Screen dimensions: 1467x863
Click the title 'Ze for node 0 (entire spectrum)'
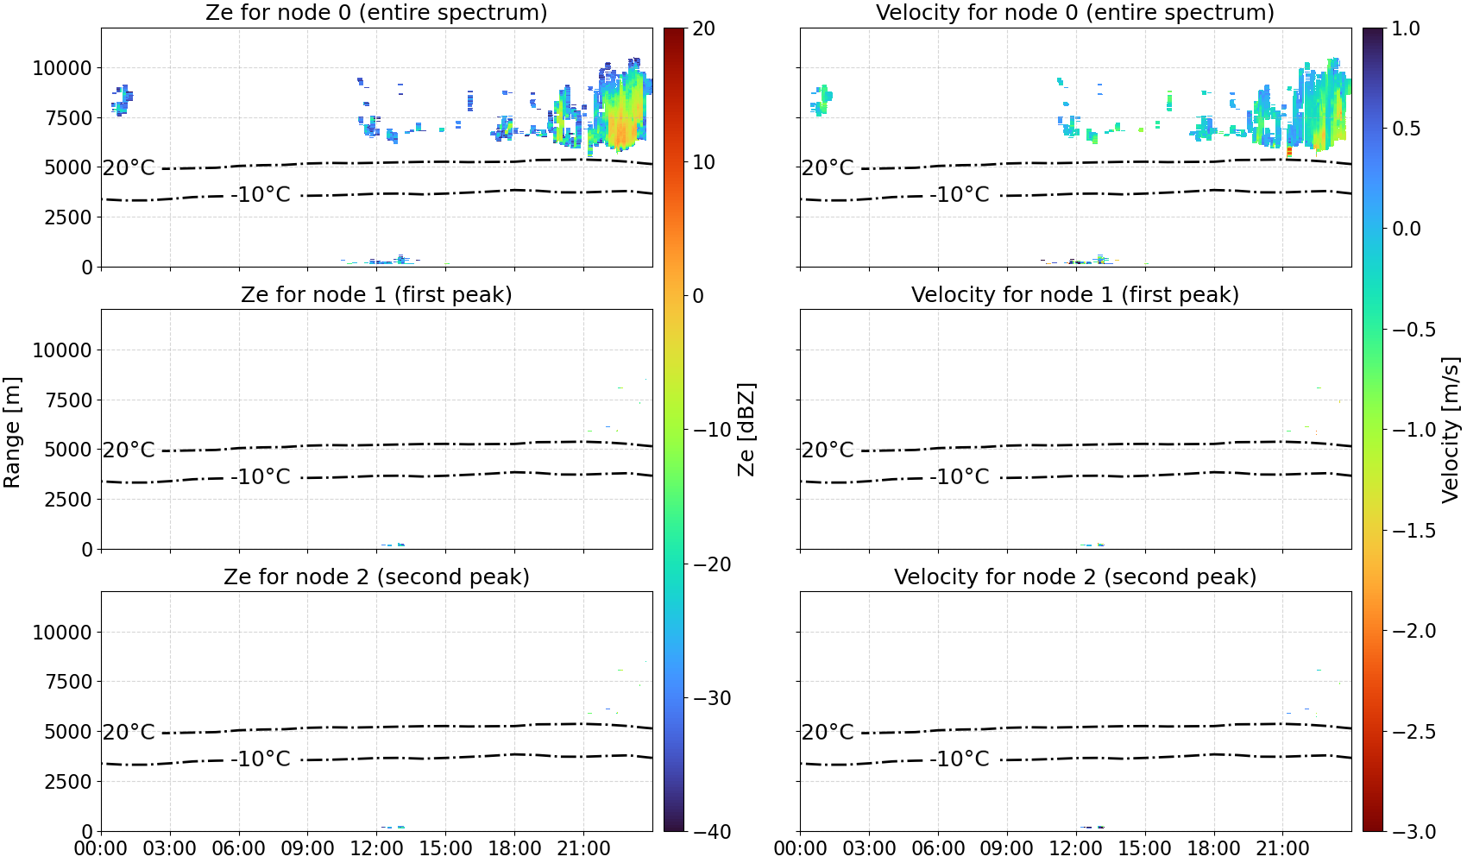(x=376, y=12)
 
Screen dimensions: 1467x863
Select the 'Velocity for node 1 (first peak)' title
(x=1075, y=294)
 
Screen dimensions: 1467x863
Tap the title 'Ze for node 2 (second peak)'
(x=376, y=576)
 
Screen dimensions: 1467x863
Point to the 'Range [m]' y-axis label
(x=12, y=432)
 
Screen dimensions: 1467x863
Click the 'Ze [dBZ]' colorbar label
(x=746, y=430)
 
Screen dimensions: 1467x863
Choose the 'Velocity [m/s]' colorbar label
(x=1451, y=430)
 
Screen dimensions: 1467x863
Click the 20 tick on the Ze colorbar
(x=704, y=28)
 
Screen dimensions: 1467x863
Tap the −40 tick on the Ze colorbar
(x=711, y=832)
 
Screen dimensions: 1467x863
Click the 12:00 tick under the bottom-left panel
(x=376, y=848)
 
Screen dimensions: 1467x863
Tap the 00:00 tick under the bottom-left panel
(x=101, y=848)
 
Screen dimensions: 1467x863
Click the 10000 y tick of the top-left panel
(x=62, y=68)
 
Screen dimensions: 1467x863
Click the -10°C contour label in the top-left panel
(x=260, y=194)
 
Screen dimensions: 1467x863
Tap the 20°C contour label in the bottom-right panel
(x=828, y=731)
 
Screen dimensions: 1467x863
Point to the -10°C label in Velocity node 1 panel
(x=959, y=476)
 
